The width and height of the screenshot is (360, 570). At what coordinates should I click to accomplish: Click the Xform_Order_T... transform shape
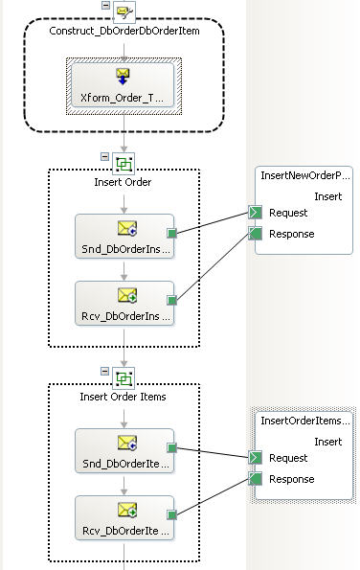pos(123,86)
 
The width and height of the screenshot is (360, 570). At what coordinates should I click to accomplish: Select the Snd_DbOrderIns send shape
pos(124,237)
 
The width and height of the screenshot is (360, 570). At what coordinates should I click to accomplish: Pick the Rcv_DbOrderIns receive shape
pos(124,303)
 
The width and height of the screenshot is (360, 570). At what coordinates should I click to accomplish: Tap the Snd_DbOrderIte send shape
pos(124,451)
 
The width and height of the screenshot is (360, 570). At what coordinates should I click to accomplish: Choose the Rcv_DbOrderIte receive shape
pos(124,517)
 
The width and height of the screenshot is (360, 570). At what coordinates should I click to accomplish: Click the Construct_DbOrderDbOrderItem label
pos(124,31)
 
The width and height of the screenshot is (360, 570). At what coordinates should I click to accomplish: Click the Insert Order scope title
pos(123,182)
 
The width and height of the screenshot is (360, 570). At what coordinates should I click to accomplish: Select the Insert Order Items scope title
pos(123,397)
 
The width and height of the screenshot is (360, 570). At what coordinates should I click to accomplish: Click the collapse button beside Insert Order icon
pos(104,157)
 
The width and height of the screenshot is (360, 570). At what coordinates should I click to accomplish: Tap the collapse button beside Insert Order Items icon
pos(104,371)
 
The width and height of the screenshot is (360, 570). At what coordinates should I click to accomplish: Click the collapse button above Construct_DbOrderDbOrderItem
pos(105,5)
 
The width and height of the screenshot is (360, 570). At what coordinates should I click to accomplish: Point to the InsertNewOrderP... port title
pos(305,175)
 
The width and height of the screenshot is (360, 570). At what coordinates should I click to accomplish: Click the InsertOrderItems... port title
pos(305,421)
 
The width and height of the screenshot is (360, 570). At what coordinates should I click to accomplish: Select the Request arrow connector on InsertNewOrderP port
pos(255,213)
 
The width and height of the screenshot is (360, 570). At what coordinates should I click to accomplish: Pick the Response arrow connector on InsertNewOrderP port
pos(255,234)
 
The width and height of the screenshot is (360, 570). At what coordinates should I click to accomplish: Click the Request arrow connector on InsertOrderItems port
pos(255,458)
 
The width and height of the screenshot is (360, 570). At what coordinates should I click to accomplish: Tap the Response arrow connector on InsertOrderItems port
pos(255,479)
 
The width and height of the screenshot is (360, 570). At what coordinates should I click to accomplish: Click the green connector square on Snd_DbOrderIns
pos(171,233)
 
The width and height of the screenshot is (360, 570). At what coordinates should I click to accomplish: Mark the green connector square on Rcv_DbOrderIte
pos(171,514)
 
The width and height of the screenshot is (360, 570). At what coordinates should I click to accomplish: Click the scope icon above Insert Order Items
pos(124,378)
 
